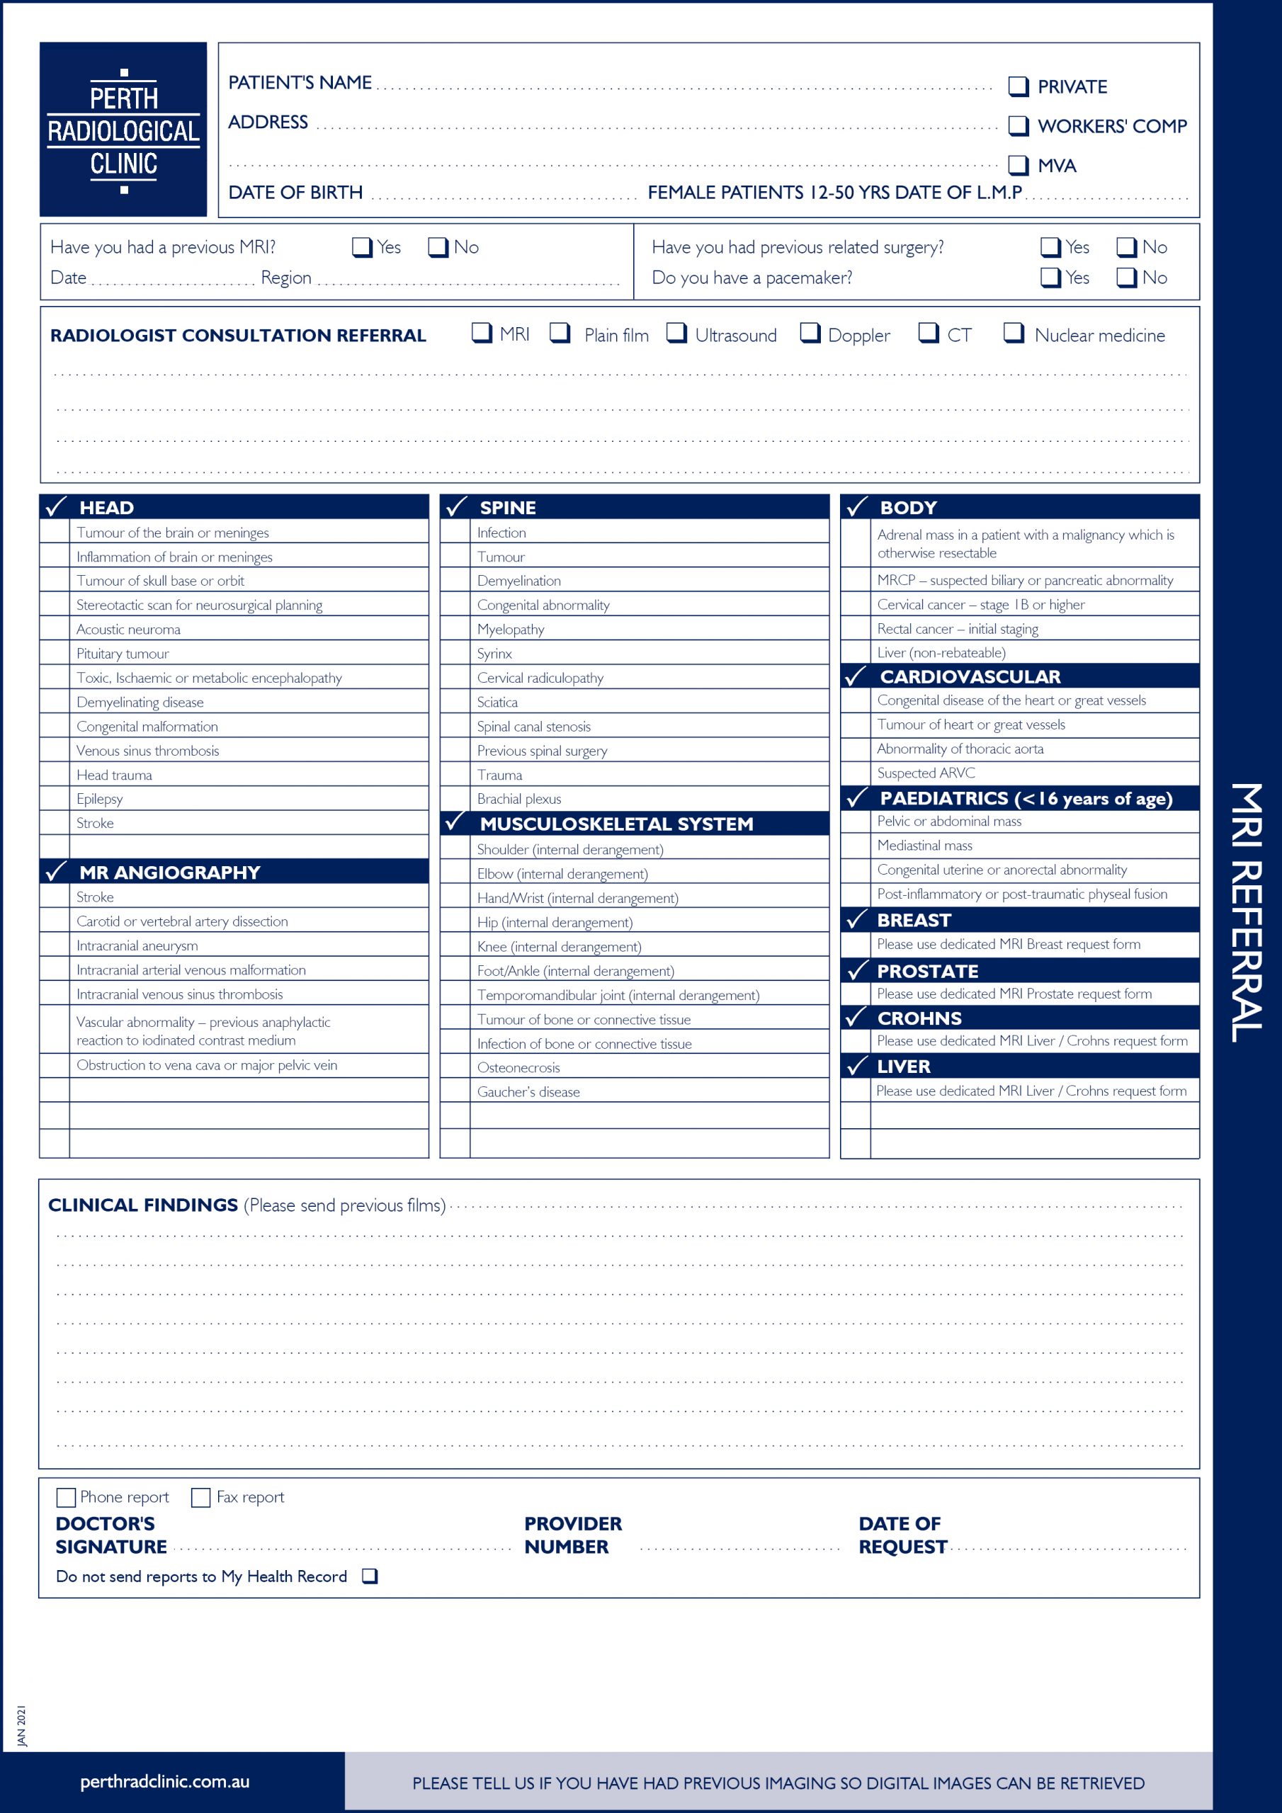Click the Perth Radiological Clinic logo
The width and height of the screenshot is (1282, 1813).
123,130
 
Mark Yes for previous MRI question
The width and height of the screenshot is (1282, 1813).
361,247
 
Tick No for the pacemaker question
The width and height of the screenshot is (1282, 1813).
1125,277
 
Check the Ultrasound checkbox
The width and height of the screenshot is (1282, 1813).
676,334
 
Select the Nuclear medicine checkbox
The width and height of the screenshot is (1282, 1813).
1013,334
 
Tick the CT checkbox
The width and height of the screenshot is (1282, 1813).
927,334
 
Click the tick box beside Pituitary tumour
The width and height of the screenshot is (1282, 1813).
55,653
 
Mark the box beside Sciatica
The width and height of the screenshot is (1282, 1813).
455,702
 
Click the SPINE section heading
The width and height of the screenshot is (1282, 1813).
508,508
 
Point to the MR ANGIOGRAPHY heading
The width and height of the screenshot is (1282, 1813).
170,873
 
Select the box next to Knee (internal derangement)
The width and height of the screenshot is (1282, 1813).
455,947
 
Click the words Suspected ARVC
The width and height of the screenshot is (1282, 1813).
926,773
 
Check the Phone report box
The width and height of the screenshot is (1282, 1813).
67,1497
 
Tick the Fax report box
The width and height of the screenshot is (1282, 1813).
200,1497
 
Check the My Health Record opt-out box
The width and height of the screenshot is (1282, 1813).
369,1576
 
